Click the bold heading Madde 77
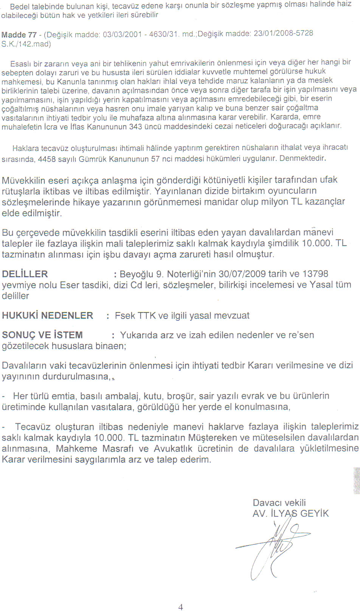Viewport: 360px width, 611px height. tap(19, 35)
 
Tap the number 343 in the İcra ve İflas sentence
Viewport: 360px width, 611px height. tap(135, 127)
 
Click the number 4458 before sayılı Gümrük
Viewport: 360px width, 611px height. tap(47, 159)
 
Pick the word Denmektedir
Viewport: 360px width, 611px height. tap(303, 158)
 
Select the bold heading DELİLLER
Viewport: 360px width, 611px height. tap(25, 274)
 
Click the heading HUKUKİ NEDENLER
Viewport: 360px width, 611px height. tap(47, 316)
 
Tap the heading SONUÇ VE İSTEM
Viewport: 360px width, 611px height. tap(42, 335)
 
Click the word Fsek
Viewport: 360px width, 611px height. tap(125, 316)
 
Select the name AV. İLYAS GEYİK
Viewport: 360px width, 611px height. tap(290, 513)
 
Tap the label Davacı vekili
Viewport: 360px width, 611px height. tap(279, 503)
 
